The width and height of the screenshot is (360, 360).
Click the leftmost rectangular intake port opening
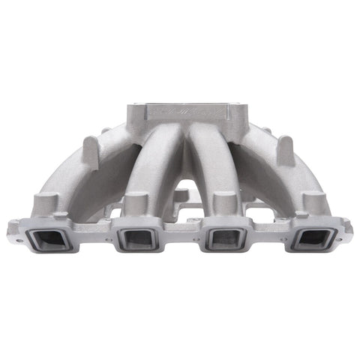click(46, 239)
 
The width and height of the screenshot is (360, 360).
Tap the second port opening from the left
click(136, 239)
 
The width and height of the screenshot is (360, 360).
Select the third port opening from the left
click(223, 239)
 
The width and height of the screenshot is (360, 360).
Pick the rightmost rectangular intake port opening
click(313, 239)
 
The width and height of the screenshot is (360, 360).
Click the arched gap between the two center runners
click(180, 180)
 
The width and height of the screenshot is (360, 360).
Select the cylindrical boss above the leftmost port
click(44, 202)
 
